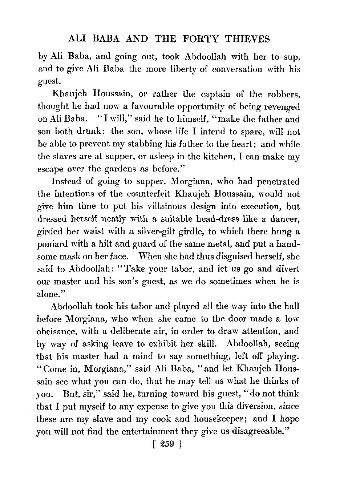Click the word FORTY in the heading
(196, 39)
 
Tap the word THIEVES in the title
(247, 39)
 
